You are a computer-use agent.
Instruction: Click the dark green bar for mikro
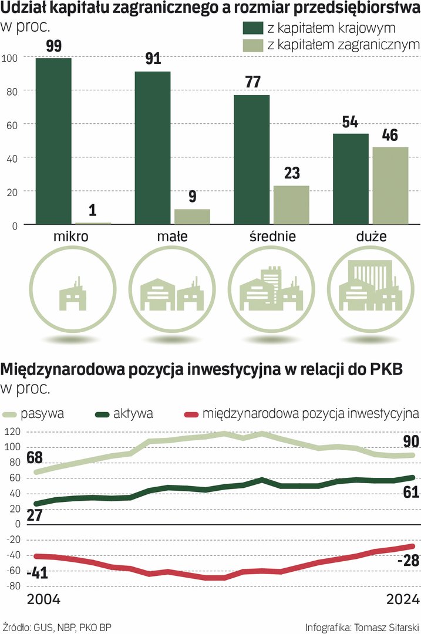point(53,141)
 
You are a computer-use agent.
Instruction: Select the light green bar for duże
point(390,186)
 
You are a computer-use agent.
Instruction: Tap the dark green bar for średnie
point(252,160)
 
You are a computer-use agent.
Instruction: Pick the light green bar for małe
point(192,217)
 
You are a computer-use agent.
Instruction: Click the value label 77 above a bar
point(252,82)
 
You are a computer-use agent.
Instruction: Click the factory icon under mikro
point(71,294)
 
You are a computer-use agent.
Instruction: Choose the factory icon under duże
point(368,288)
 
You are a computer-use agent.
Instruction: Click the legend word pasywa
point(42,413)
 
